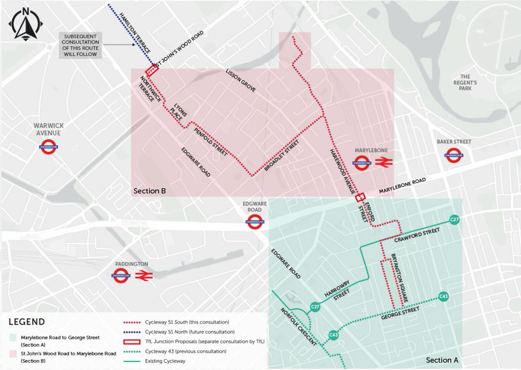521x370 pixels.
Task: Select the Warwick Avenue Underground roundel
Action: point(48,147)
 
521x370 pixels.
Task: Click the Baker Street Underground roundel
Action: point(454,155)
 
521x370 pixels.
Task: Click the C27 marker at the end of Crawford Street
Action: point(455,220)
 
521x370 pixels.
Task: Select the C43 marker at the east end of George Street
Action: point(443,297)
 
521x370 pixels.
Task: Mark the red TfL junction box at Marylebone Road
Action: point(360,197)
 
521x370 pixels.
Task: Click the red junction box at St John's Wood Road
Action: point(152,70)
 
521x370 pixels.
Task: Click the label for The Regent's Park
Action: point(466,82)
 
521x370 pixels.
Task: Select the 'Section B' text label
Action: point(149,191)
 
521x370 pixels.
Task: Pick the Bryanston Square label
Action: point(399,277)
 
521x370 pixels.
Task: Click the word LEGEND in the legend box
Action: point(27,322)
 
